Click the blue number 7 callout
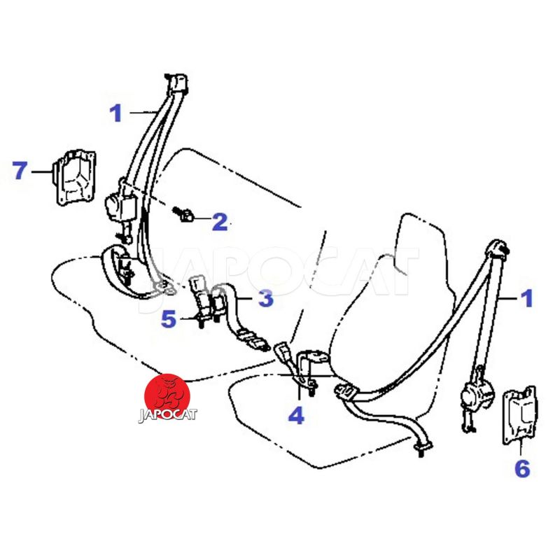(20, 170)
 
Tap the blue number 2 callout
(220, 222)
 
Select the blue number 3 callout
(266, 298)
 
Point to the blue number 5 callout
(169, 319)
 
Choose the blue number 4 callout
(296, 415)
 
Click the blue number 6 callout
(522, 468)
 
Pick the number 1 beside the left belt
(115, 113)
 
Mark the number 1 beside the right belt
(527, 299)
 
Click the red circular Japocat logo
(167, 396)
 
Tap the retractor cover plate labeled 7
(75, 177)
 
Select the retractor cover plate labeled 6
(519, 415)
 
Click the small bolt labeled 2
(183, 214)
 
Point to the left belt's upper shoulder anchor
(177, 83)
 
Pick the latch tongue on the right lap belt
(345, 390)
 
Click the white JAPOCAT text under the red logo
(167, 414)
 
